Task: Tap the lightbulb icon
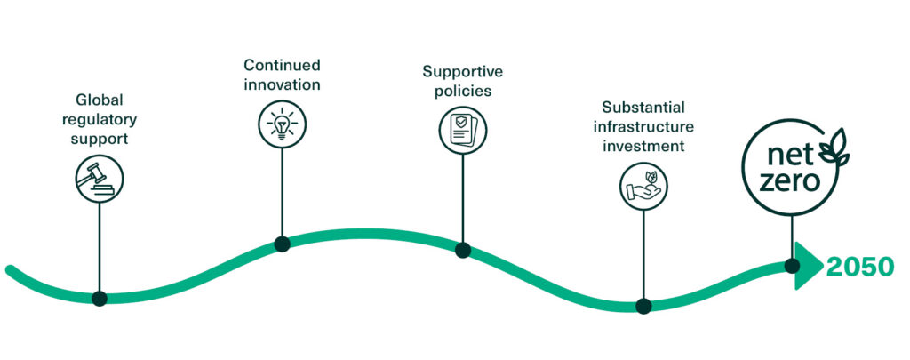click(282, 124)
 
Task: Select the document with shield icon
click(462, 130)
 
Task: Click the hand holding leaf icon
click(643, 186)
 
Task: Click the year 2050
click(860, 267)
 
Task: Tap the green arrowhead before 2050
click(809, 266)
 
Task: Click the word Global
click(99, 100)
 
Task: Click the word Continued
click(282, 65)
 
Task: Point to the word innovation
click(282, 84)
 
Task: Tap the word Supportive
click(462, 72)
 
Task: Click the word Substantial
click(643, 108)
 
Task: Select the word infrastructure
click(643, 126)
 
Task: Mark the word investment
click(643, 147)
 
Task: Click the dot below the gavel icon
click(100, 299)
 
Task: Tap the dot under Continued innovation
click(282, 244)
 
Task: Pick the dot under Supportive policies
click(462, 251)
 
